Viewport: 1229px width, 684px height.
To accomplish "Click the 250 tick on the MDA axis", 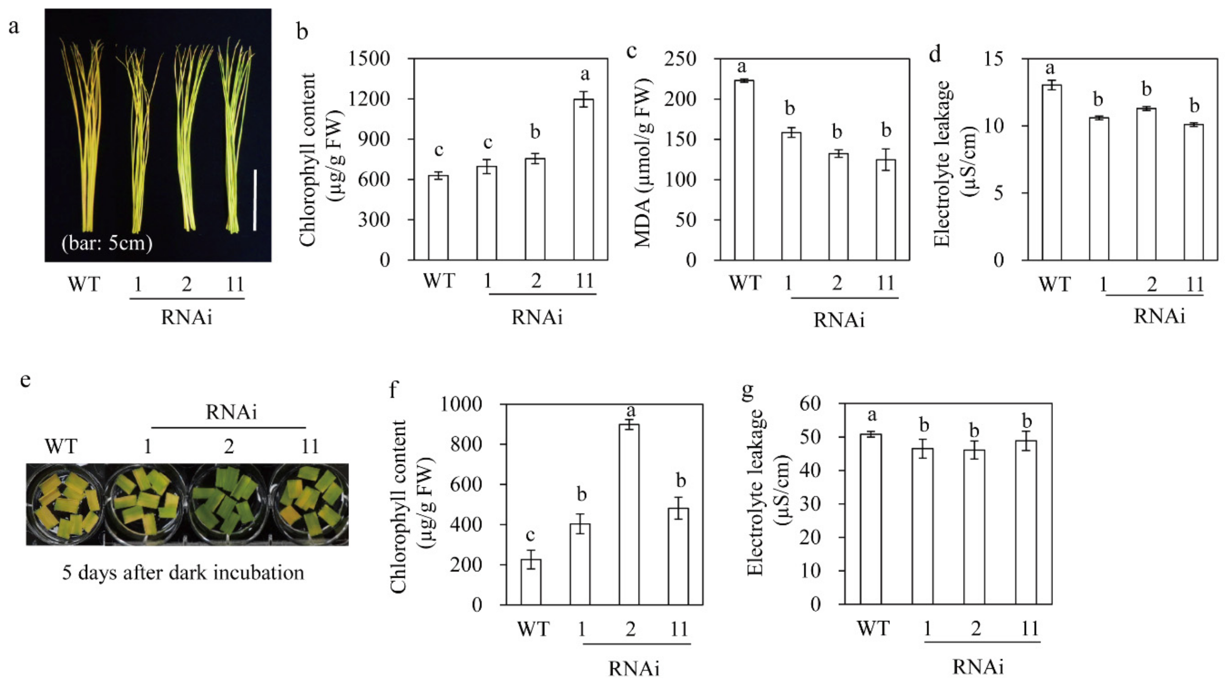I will tap(680, 59).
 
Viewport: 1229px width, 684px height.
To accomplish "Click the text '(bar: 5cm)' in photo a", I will tap(107, 243).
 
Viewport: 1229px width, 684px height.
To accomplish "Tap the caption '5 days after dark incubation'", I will tap(183, 572).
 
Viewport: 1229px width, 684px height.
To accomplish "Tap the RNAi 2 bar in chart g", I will tap(974, 527).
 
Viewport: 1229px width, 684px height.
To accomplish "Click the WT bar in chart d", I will tap(1051, 172).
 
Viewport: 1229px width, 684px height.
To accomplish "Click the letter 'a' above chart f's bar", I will tap(631, 410).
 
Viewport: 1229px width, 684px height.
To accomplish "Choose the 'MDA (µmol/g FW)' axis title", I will tap(644, 162).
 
